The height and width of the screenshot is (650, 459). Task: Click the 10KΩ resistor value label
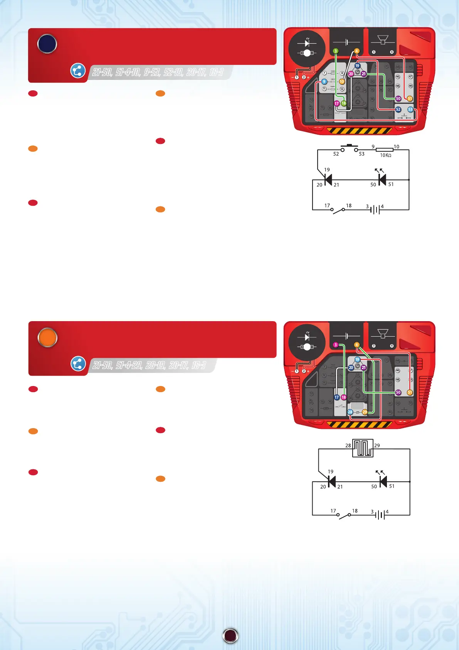(x=385, y=155)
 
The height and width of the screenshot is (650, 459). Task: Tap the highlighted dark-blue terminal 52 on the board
(x=398, y=110)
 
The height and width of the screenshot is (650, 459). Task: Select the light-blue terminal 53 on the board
(x=410, y=110)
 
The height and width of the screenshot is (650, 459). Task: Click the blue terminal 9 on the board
(x=324, y=81)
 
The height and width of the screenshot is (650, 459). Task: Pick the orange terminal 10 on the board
(x=342, y=81)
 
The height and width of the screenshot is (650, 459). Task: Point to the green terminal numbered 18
(x=343, y=103)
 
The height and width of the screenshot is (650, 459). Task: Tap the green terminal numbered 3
(x=336, y=51)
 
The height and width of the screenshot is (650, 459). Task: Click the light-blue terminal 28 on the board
(x=350, y=412)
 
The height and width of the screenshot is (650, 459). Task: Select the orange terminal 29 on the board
(x=365, y=412)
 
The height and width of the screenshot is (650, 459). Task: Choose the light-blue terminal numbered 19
(x=357, y=360)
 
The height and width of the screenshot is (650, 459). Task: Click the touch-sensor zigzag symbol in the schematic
(x=363, y=448)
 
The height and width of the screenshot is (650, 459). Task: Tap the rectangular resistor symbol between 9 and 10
(x=384, y=150)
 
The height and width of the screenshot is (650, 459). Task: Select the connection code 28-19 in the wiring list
(x=156, y=365)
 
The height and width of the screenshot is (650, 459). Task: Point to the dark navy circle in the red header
(x=47, y=44)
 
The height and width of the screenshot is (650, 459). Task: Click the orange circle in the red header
(x=47, y=337)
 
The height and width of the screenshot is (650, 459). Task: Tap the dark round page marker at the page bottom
(x=230, y=636)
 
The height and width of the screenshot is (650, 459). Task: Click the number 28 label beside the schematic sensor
(x=348, y=445)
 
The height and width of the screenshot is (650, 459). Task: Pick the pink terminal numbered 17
(x=336, y=103)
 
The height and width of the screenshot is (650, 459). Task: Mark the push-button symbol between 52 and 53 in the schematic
(x=349, y=147)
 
